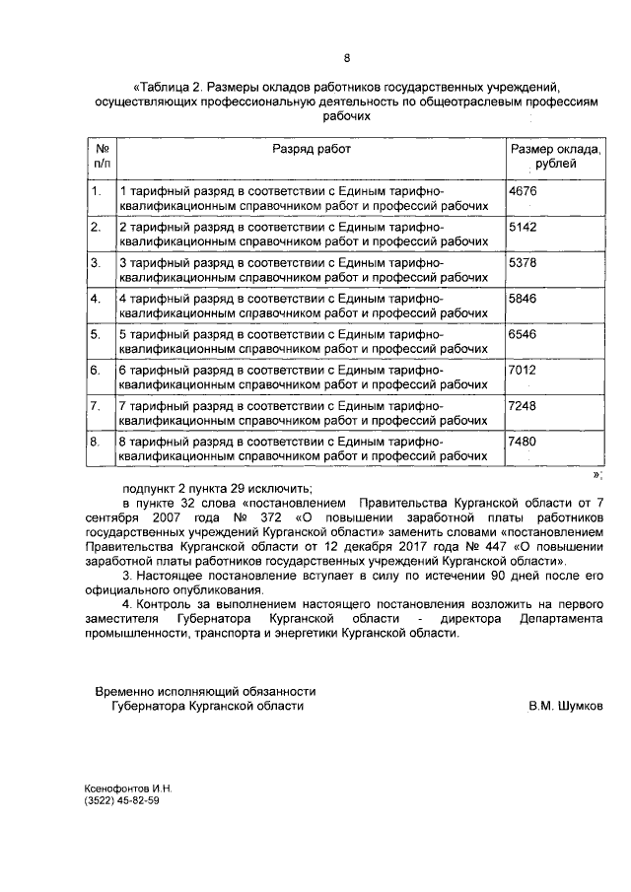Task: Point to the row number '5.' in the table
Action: [x=96, y=334]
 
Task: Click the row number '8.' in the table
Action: [x=96, y=442]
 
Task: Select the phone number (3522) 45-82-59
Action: [x=121, y=801]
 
